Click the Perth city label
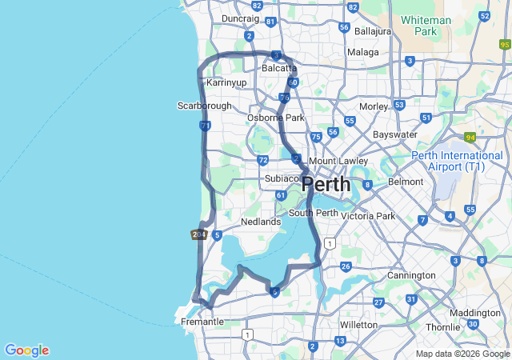point(326,185)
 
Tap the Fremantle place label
point(202,322)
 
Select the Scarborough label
point(204,106)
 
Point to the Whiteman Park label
point(426,26)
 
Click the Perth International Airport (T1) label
point(458,161)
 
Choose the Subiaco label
point(282,178)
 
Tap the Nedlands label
point(261,222)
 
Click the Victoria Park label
point(368,216)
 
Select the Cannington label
point(412,275)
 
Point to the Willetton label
point(358,325)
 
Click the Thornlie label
point(442,327)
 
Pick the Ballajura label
point(373,31)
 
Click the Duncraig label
point(240,18)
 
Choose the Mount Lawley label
point(338,161)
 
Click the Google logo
point(26,350)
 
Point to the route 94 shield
point(470,138)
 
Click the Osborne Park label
point(275,118)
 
